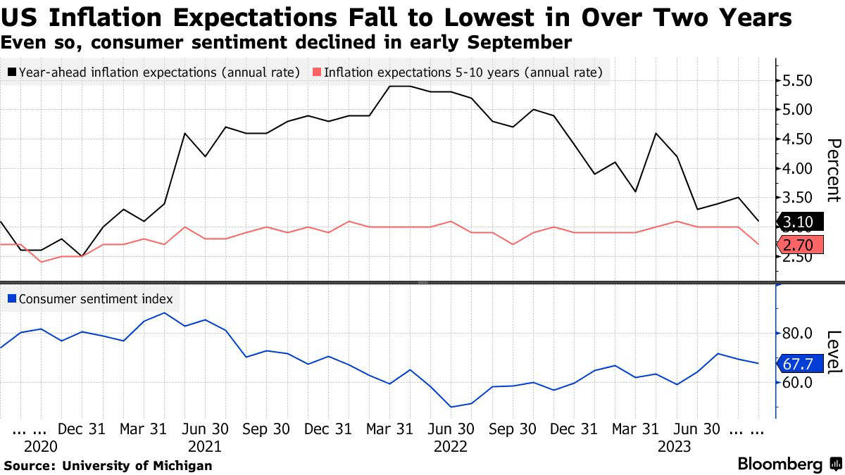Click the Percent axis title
[832, 170]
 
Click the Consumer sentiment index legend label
[96, 298]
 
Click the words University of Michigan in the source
[137, 465]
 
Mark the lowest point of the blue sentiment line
[450, 407]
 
